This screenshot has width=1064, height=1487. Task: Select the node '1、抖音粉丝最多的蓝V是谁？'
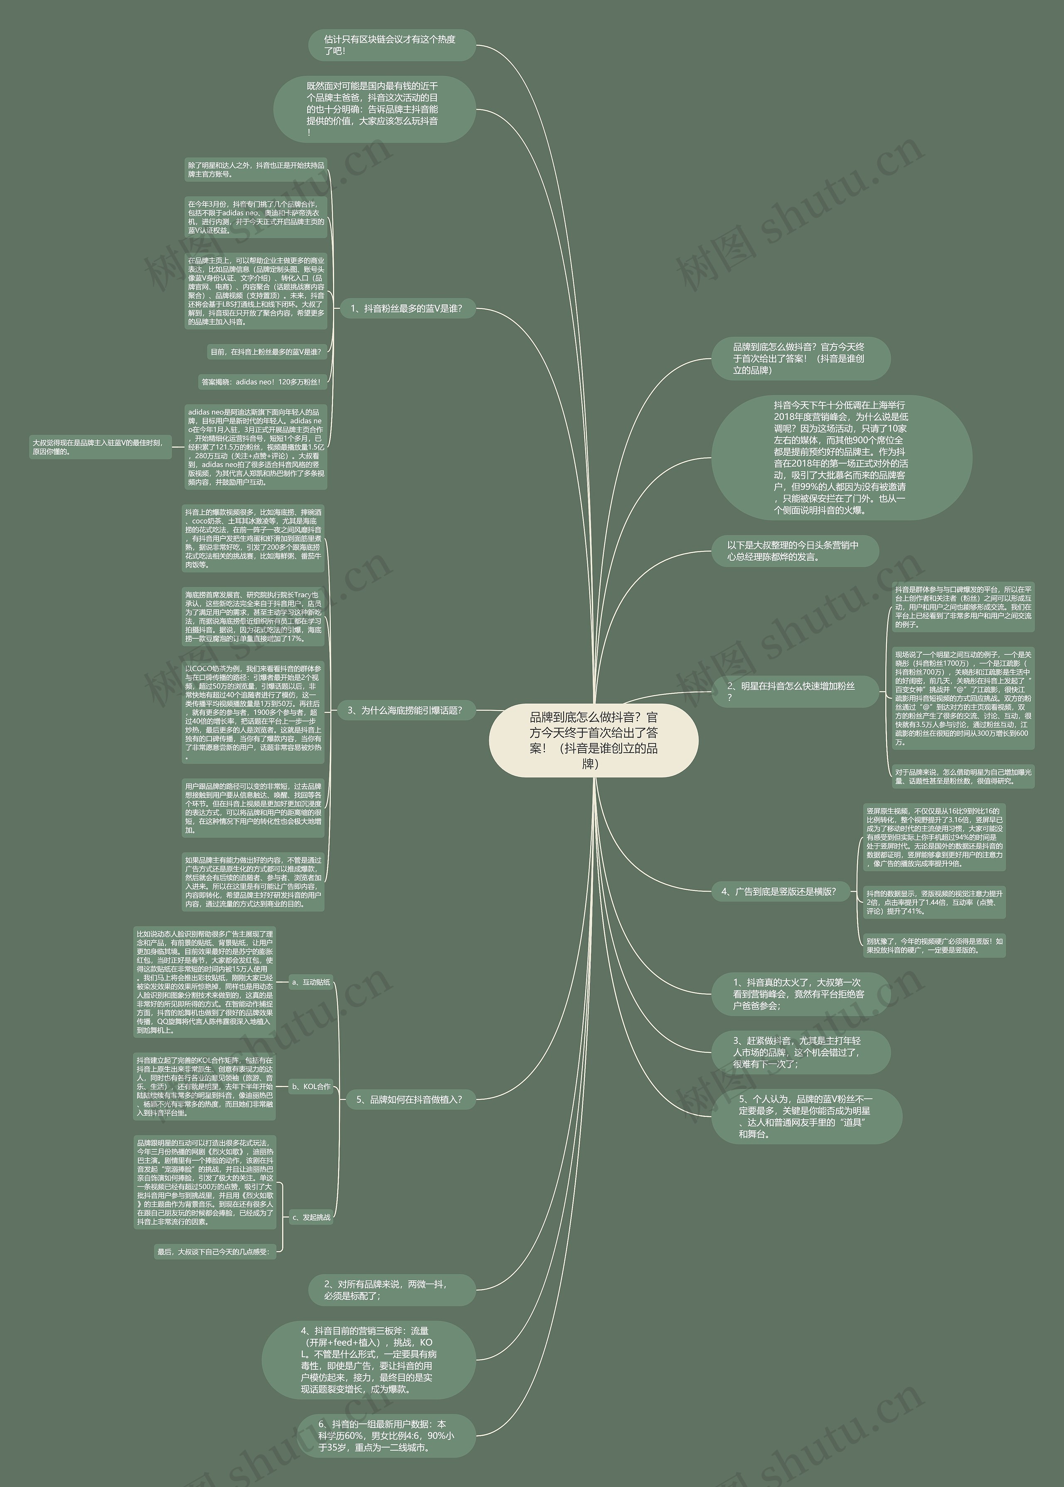click(x=406, y=309)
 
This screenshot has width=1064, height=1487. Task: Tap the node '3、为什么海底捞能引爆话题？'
click(x=406, y=710)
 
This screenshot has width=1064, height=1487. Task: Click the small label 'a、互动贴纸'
click(x=311, y=982)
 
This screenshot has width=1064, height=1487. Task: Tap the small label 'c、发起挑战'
click(x=311, y=1217)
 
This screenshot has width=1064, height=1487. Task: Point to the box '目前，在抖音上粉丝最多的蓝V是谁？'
click(x=265, y=352)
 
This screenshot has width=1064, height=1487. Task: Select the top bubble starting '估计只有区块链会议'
click(x=391, y=44)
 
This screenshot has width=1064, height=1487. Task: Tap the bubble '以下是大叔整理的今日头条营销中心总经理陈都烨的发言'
click(x=794, y=551)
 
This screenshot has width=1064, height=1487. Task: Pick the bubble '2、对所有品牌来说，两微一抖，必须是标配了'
click(x=391, y=1290)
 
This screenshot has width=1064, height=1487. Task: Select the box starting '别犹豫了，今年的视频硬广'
click(x=933, y=945)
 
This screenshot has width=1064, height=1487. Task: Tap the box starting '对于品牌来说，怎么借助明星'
click(x=963, y=777)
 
